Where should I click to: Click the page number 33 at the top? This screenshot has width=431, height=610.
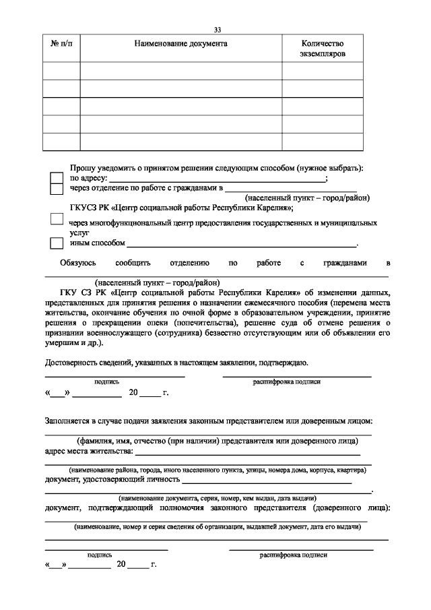tap(217, 30)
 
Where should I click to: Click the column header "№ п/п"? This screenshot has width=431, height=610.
tap(61, 43)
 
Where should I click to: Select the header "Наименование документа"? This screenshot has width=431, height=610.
tap(180, 43)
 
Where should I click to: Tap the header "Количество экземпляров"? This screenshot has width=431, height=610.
tap(322, 48)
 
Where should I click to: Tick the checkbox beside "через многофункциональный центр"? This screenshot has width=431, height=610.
tap(57, 219)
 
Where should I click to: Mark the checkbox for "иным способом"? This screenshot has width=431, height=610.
tap(57, 243)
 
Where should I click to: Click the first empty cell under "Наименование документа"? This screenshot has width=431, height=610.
tap(180, 71)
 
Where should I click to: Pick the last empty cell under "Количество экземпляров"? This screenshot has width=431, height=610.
tap(322, 142)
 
